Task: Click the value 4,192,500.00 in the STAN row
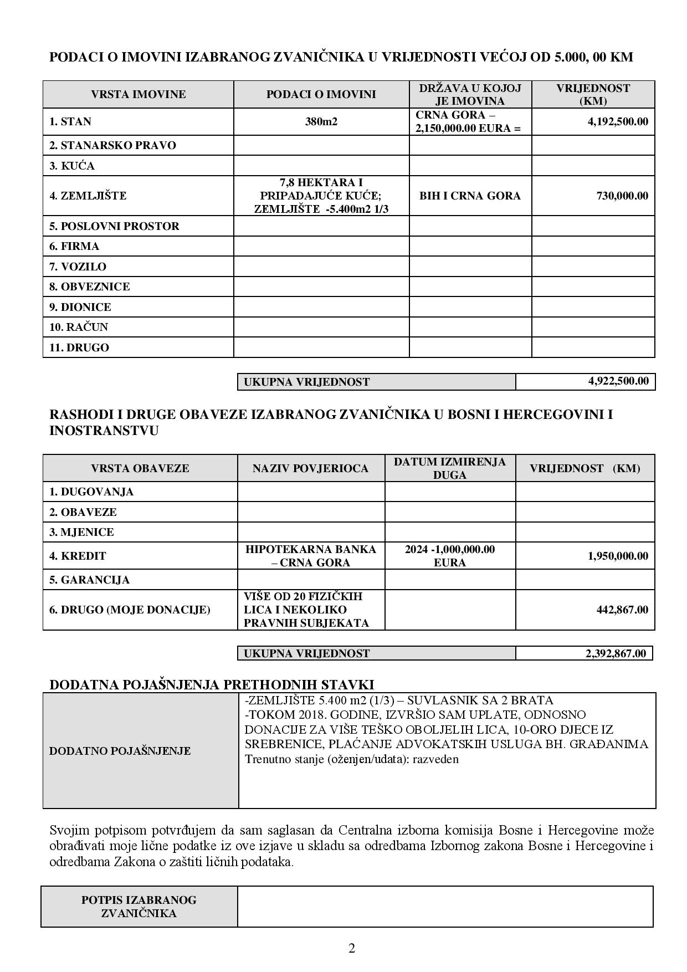pyautogui.click(x=617, y=121)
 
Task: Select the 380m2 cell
pyautogui.click(x=321, y=121)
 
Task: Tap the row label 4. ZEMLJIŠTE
pyautogui.click(x=88, y=196)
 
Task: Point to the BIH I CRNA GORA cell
pyautogui.click(x=470, y=196)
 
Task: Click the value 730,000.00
pyautogui.click(x=622, y=196)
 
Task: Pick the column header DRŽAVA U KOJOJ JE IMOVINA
pyautogui.click(x=470, y=94)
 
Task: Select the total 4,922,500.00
pyautogui.click(x=618, y=381)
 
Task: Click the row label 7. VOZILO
pyautogui.click(x=78, y=267)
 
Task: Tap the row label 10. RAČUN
pyautogui.click(x=79, y=327)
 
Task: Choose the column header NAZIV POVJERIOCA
pyautogui.click(x=310, y=468)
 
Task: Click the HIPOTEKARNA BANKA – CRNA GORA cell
pyautogui.click(x=310, y=556)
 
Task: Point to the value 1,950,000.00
pyautogui.click(x=617, y=556)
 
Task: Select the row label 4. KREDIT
pyautogui.click(x=78, y=556)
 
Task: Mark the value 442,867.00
pyautogui.click(x=622, y=610)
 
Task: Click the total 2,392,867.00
pyautogui.click(x=616, y=653)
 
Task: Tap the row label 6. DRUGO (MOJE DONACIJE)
pyautogui.click(x=130, y=610)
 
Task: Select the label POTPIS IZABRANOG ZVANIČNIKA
pyautogui.click(x=139, y=907)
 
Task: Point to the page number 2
pyautogui.click(x=352, y=948)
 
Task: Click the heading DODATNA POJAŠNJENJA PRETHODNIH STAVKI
pyautogui.click(x=212, y=684)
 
